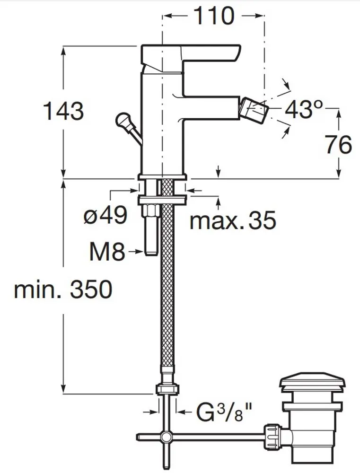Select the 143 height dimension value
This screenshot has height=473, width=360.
(x=63, y=111)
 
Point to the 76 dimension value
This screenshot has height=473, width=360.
(x=338, y=144)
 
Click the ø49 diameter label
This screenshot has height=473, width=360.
(x=105, y=216)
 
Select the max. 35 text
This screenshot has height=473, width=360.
(x=232, y=220)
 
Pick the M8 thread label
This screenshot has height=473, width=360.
(x=107, y=253)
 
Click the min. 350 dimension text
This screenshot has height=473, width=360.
(x=63, y=289)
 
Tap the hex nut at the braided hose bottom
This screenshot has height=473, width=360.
(x=167, y=389)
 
